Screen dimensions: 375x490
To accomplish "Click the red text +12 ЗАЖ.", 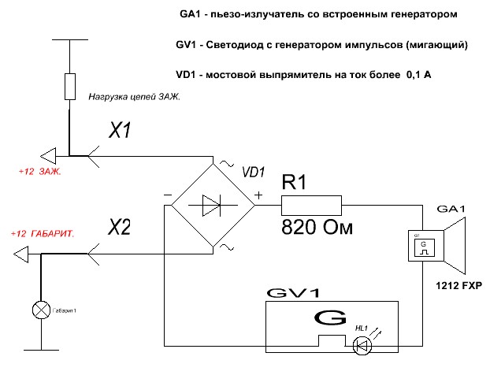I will point(40,170).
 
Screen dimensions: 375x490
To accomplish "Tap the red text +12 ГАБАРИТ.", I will point(43,235).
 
